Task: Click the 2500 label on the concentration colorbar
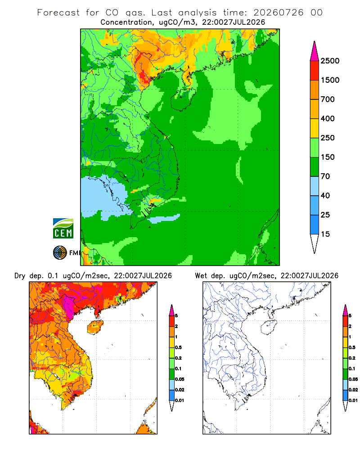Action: (330, 61)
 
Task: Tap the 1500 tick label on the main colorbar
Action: (330, 80)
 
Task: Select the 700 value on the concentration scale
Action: (328, 99)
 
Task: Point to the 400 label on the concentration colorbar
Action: (328, 118)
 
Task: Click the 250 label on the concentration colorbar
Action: (328, 138)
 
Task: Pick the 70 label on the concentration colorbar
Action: (325, 176)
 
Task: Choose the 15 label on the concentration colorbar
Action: (325, 234)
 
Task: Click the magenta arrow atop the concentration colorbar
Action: (315, 52)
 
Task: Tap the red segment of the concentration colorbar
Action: (315, 71)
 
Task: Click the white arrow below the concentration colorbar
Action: (315, 243)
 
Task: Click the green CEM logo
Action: (63, 229)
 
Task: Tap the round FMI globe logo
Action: (60, 253)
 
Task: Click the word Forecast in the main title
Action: (58, 13)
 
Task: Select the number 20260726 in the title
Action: (278, 13)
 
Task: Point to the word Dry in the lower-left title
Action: (19, 276)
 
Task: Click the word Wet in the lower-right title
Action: (201, 276)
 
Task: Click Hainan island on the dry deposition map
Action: (95, 328)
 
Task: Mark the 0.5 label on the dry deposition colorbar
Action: (178, 347)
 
